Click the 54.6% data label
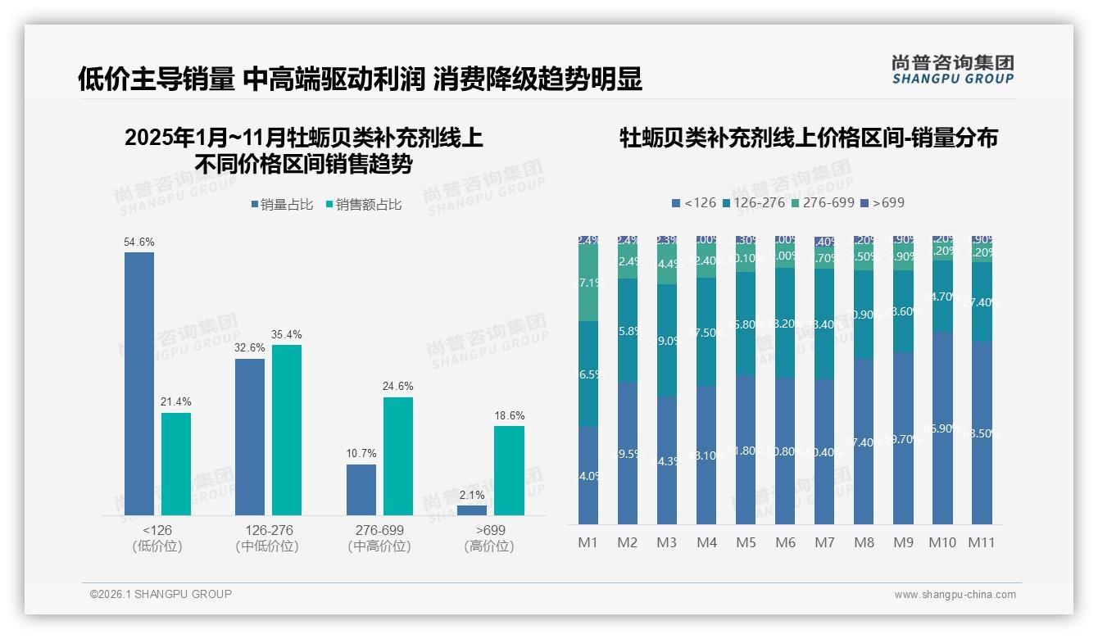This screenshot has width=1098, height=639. pos(139,242)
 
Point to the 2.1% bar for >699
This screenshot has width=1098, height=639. pos(472,510)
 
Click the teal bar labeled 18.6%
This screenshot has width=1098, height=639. pos(509,470)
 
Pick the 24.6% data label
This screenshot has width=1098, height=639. pos(398,387)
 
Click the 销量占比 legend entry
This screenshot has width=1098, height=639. pos(282,205)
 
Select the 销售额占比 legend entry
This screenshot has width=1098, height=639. pos(363,205)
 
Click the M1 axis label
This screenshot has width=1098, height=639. pos(588,542)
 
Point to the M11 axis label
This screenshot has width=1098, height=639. pos(982,542)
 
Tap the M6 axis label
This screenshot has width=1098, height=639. pos(785,542)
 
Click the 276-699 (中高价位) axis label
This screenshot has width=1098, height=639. pos(379,538)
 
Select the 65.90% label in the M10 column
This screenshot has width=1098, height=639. pos(942,428)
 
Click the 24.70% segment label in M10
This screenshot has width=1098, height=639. pos(942,297)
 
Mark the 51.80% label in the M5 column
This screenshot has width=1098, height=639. pos(746,450)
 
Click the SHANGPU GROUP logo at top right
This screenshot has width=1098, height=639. pos(952,70)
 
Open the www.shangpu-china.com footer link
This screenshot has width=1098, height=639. pos(955,595)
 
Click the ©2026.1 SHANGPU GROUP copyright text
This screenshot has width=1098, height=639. pos(161,594)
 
